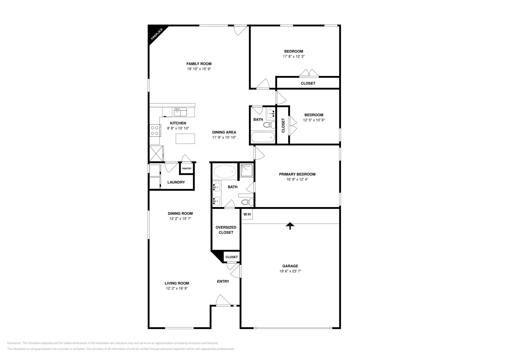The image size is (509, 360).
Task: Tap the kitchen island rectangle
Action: (185, 138)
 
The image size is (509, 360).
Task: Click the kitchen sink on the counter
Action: (180, 112)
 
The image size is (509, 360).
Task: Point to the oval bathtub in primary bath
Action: (225, 172)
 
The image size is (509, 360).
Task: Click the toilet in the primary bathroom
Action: (247, 202)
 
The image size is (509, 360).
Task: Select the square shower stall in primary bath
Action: (247, 170)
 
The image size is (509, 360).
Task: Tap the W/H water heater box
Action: (247, 214)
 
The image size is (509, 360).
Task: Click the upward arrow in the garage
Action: (289, 226)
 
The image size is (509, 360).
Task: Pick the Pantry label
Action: (187, 169)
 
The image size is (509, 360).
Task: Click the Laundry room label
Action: (176, 182)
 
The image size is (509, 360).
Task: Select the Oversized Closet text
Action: (226, 230)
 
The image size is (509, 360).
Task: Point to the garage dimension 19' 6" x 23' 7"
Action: (290, 271)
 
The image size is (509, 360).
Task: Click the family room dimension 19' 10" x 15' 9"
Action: (199, 69)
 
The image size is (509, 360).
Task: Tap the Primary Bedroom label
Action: (297, 174)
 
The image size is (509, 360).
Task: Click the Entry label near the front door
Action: (223, 281)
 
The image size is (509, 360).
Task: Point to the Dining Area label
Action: (224, 132)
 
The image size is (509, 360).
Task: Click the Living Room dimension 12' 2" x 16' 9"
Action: (177, 288)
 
